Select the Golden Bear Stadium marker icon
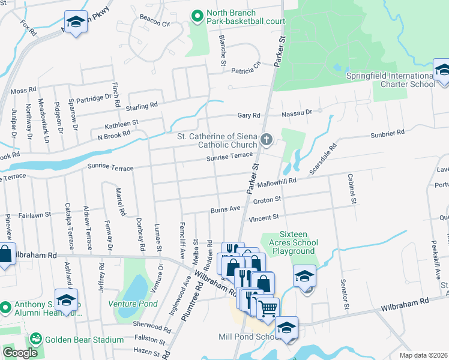click(36, 340)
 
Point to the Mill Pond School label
click(246, 337)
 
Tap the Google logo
click(20, 353)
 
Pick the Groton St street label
click(267, 199)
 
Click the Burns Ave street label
click(225, 209)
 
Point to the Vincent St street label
click(265, 217)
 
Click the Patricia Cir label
click(247, 68)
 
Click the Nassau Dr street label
click(297, 112)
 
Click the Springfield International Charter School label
click(391, 80)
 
